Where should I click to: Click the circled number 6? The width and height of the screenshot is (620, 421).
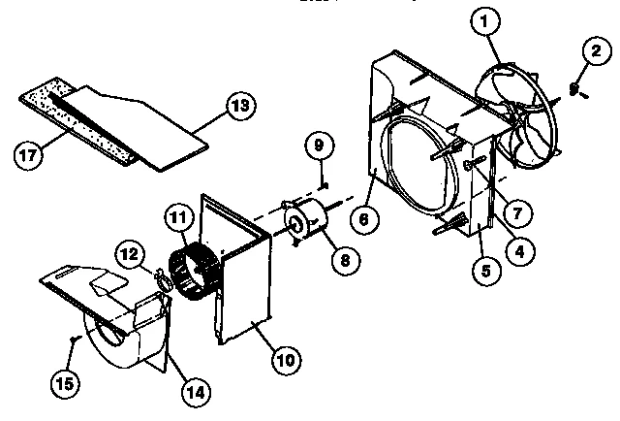pyautogui.click(x=362, y=218)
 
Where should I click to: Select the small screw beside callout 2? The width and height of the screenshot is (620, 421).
pyautogui.click(x=574, y=90)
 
